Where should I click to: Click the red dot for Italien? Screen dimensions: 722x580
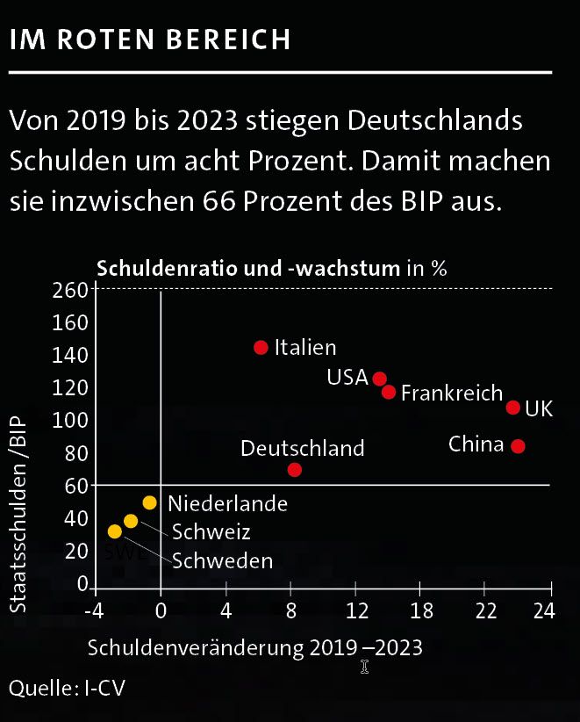click(x=261, y=347)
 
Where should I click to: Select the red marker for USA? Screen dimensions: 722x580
click(x=379, y=379)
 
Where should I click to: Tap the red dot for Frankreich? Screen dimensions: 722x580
click(x=389, y=392)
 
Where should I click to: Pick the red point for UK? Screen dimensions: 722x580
click(x=513, y=408)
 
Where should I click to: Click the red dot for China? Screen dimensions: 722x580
click(x=518, y=446)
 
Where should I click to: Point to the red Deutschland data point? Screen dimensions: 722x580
click(x=295, y=470)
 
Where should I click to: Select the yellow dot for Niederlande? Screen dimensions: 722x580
click(x=150, y=503)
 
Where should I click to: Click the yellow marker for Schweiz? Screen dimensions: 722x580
click(x=131, y=521)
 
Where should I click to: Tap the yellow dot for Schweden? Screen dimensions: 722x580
click(x=114, y=531)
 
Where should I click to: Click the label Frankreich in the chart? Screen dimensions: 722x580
click(x=452, y=393)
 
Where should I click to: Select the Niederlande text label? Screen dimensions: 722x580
click(x=227, y=504)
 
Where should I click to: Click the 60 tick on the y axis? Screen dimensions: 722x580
click(x=76, y=485)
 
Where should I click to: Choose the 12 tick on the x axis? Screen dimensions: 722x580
click(x=356, y=610)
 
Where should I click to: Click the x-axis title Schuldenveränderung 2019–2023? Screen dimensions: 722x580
click(x=254, y=648)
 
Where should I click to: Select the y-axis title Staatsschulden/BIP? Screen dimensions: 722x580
click(x=19, y=513)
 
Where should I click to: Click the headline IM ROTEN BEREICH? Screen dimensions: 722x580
click(x=149, y=40)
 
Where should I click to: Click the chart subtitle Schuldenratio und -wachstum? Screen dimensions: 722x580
click(x=248, y=268)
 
